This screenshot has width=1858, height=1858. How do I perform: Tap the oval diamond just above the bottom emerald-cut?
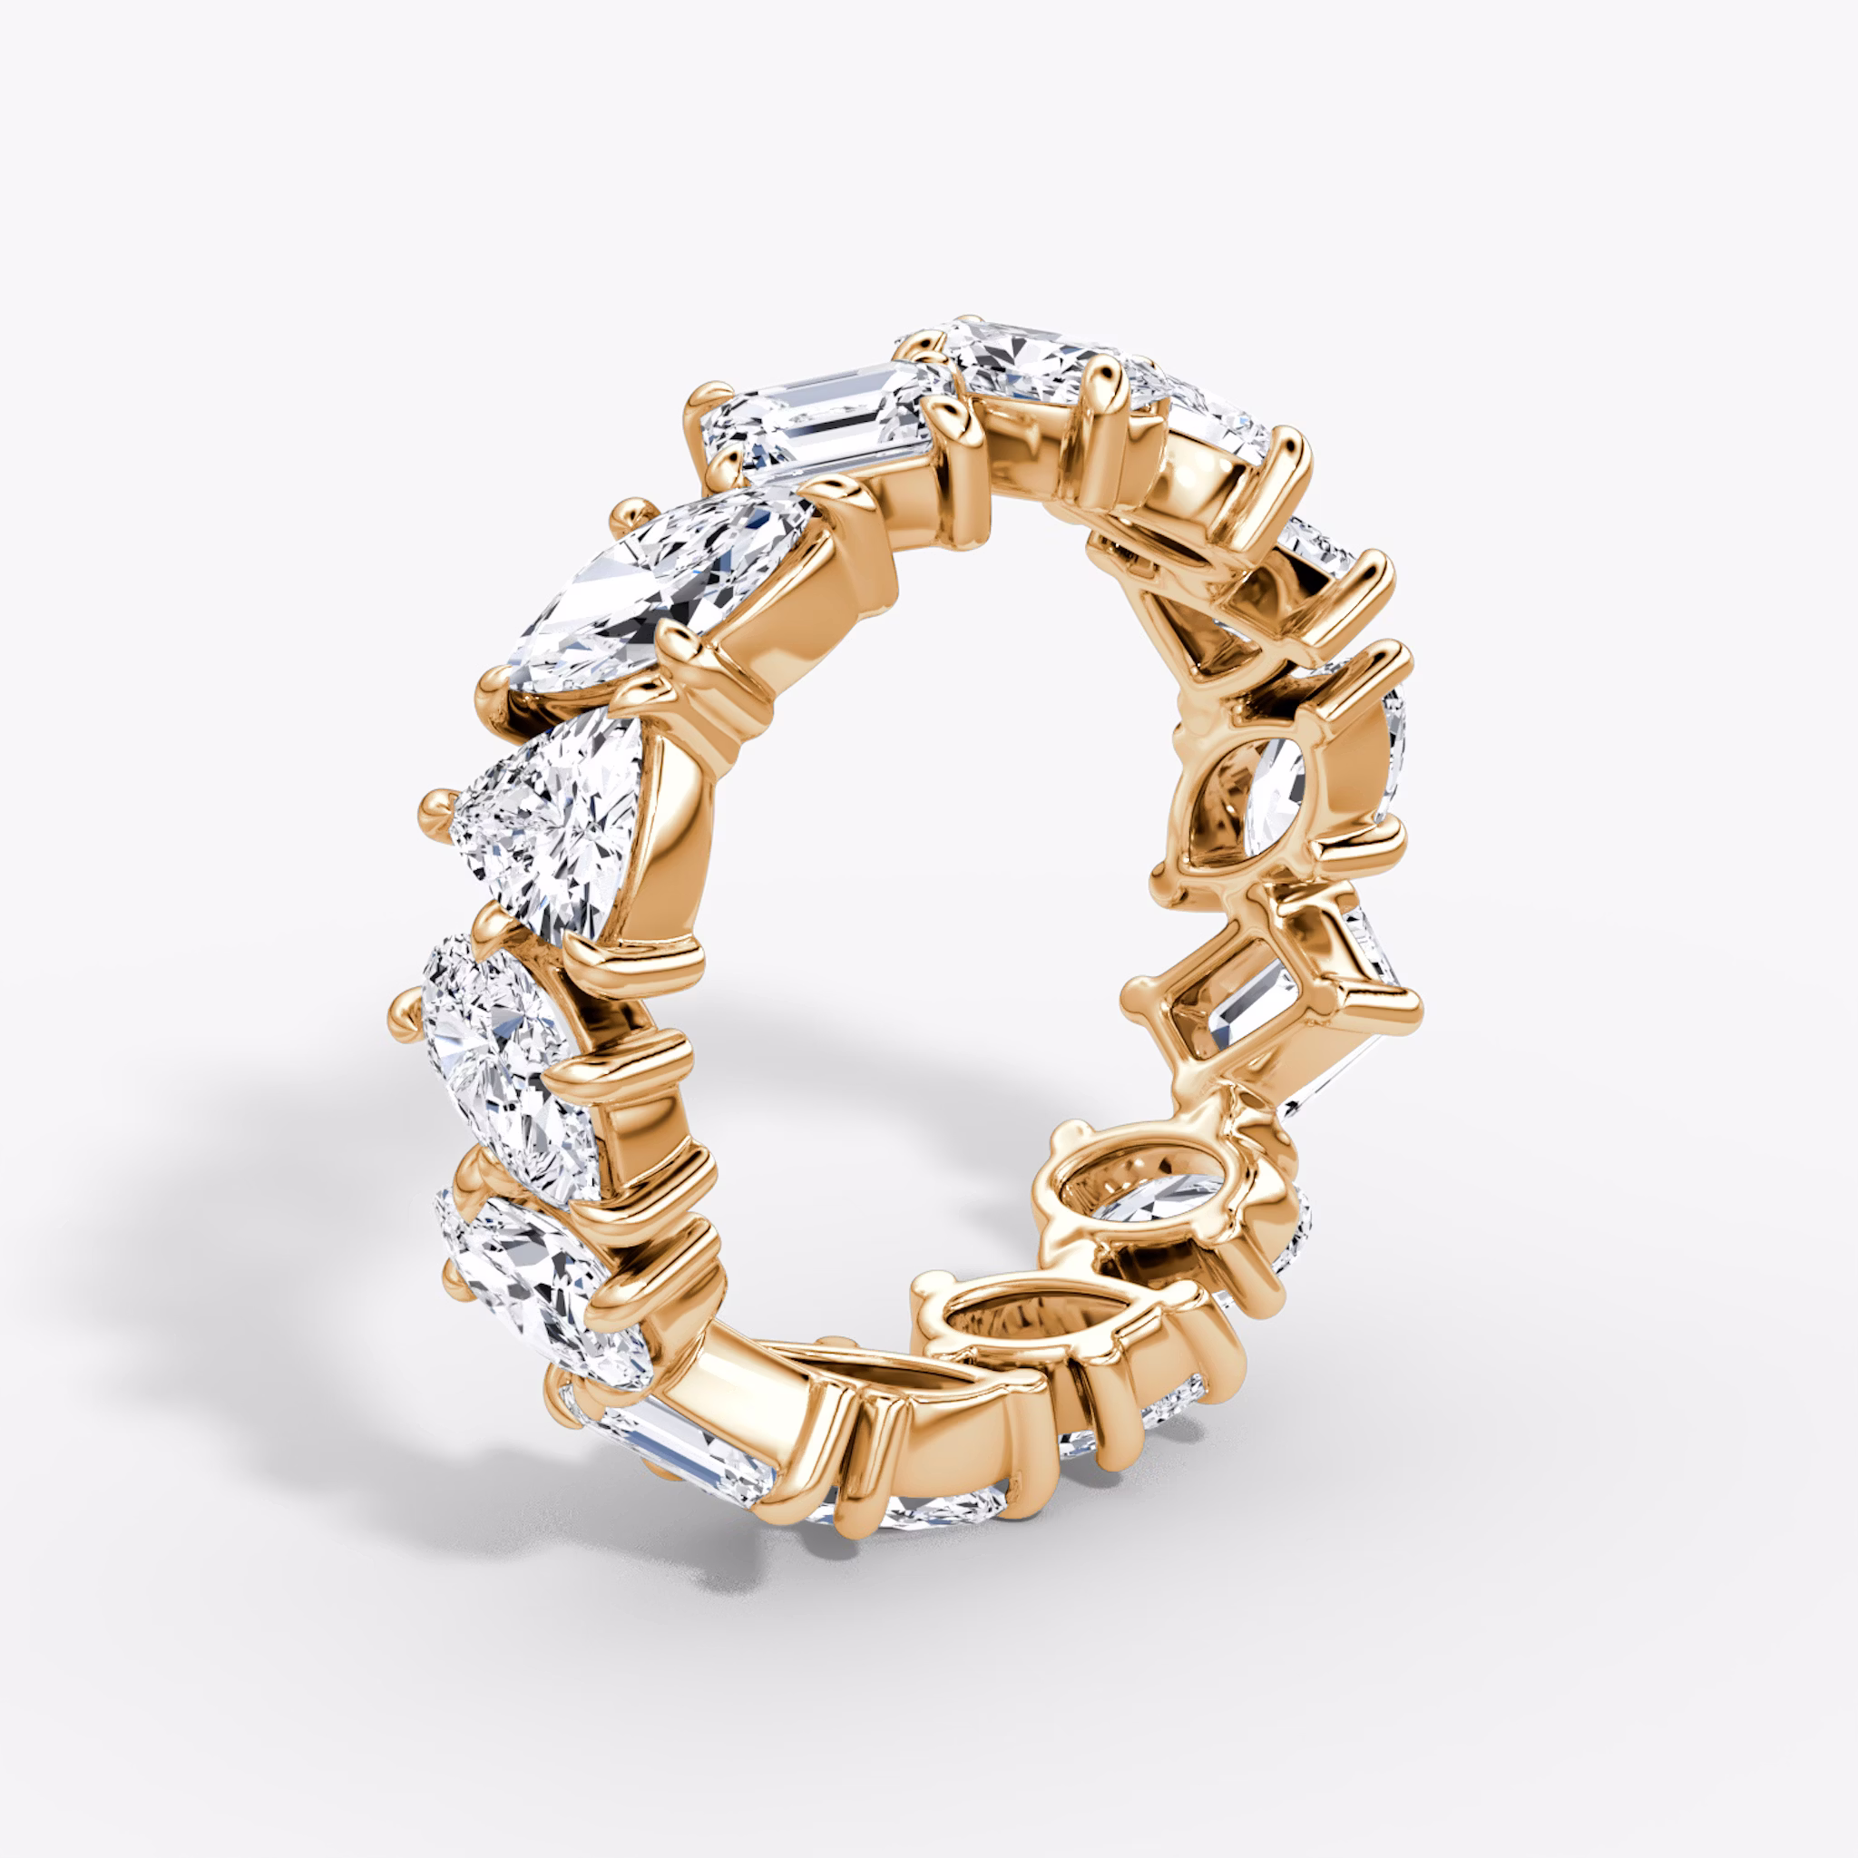(529, 1269)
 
